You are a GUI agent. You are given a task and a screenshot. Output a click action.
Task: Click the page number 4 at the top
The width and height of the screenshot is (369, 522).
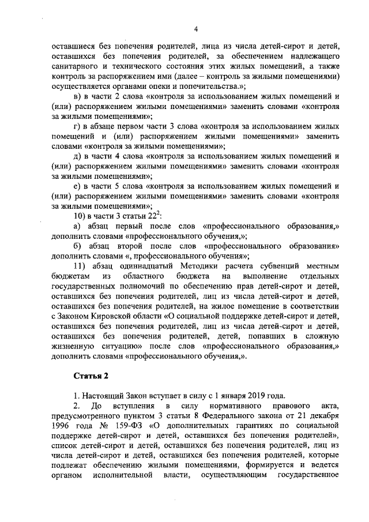(195, 30)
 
